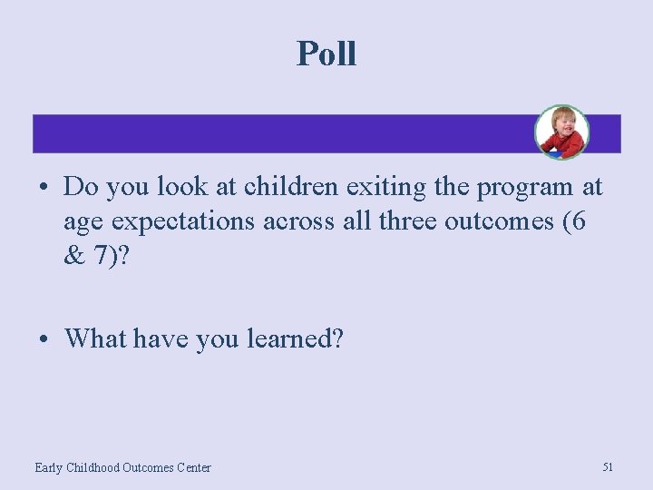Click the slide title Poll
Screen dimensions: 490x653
326,54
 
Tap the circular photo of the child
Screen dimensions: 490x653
561,132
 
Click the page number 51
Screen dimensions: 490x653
608,466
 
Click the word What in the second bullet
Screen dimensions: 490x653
96,338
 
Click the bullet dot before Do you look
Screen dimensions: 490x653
44,189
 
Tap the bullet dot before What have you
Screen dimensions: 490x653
44,340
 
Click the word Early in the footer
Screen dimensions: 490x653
51,467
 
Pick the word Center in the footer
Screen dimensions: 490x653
193,467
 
